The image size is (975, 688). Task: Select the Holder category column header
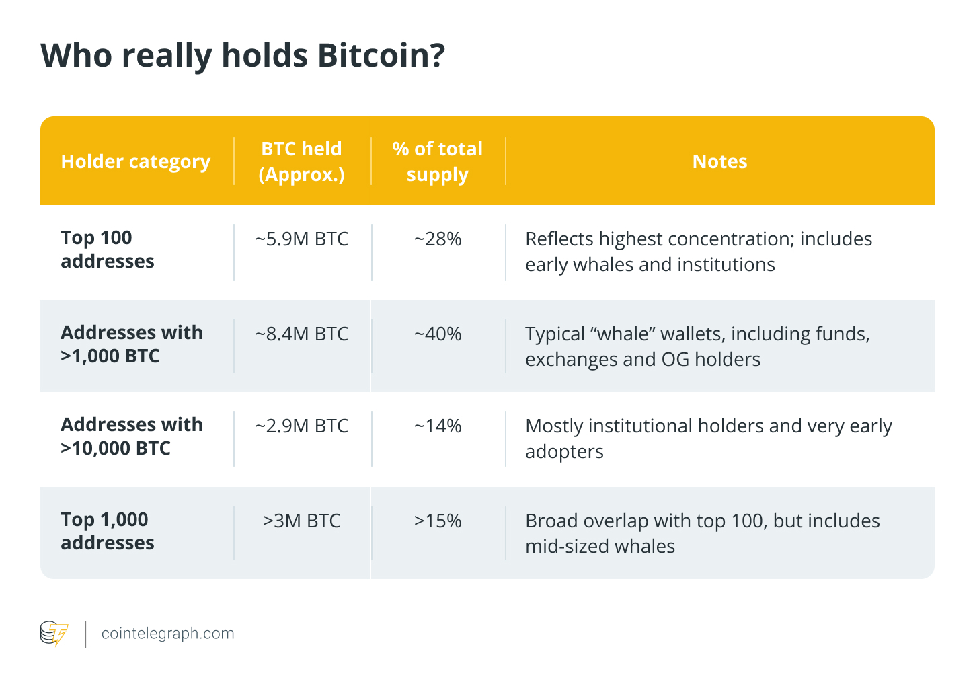tap(135, 161)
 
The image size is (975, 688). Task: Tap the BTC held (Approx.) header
tap(301, 161)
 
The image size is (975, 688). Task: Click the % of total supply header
tap(437, 161)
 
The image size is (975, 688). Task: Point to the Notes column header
tap(719, 161)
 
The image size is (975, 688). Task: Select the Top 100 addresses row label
tap(107, 250)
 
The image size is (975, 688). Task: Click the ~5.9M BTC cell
tap(301, 239)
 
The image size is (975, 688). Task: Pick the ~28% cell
tap(437, 239)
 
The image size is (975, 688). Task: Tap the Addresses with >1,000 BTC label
tap(131, 344)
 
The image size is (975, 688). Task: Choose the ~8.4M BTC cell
tap(301, 334)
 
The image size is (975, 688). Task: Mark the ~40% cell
tap(437, 334)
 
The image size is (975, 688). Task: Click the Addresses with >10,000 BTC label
tap(131, 436)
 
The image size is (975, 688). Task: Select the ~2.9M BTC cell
tap(301, 426)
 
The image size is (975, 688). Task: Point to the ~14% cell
tap(437, 426)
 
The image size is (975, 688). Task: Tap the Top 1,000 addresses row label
tap(107, 531)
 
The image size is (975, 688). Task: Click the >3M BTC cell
tap(301, 521)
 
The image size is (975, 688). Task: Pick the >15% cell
tap(437, 521)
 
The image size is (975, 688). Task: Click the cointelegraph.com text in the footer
tap(167, 634)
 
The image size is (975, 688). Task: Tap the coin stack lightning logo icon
tap(54, 634)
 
